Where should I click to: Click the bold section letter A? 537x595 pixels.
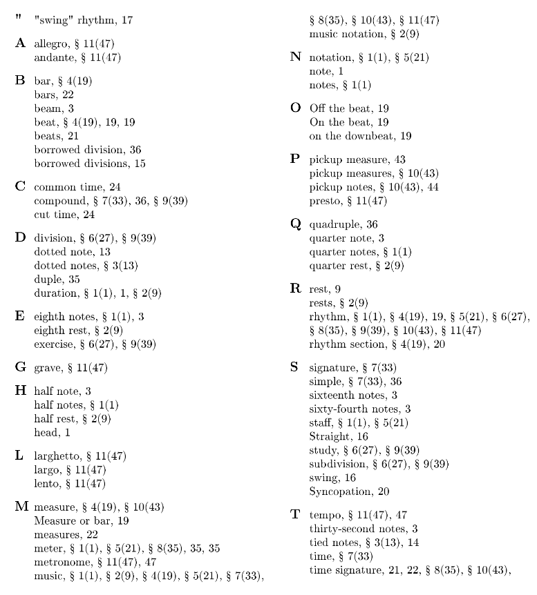click(x=20, y=43)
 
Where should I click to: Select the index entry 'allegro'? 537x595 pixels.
click(x=50, y=44)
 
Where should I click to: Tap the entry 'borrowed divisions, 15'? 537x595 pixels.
click(x=90, y=164)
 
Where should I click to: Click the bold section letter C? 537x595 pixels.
click(x=20, y=186)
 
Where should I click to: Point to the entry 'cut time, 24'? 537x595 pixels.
click(x=64, y=214)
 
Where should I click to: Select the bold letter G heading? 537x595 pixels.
click(x=20, y=367)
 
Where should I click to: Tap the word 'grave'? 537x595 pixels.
click(x=47, y=368)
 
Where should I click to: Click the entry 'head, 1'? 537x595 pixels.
click(x=52, y=433)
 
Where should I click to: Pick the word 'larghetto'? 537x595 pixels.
click(x=57, y=456)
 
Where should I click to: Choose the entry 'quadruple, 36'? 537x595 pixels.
click(x=343, y=225)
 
